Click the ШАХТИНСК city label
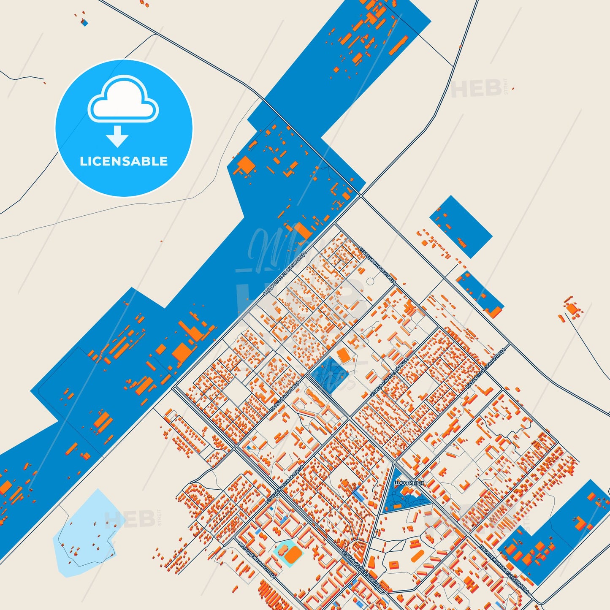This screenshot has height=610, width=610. coord(408,483)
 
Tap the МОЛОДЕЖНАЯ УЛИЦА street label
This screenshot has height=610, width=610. coord(258,560)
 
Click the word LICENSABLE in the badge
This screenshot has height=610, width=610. coord(124,161)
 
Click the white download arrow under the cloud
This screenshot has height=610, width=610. coord(117,136)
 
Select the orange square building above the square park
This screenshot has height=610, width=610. coord(344,356)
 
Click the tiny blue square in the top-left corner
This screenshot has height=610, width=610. coord(84,23)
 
